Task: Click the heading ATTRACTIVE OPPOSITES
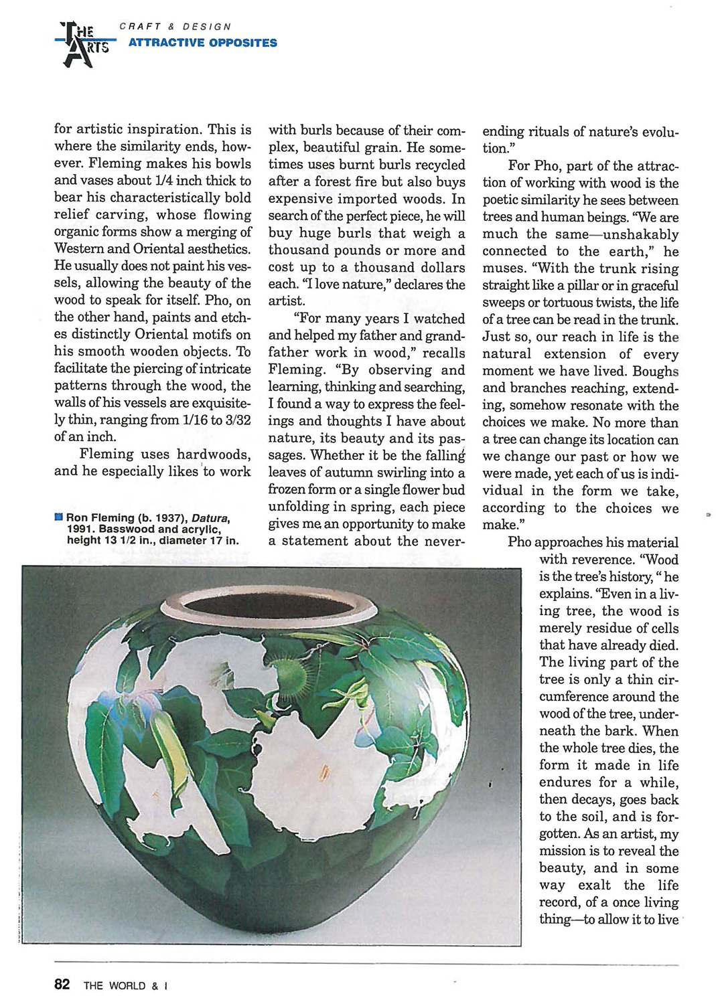click(202, 43)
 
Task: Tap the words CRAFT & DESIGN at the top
click(175, 27)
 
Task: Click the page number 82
click(62, 985)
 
